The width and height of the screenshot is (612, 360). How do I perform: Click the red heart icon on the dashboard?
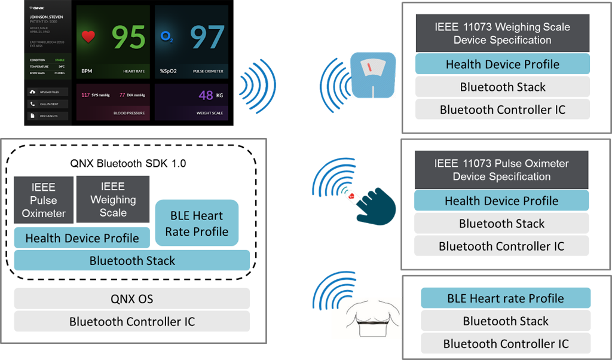[88, 37]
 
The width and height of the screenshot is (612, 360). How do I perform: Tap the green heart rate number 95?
[128, 37]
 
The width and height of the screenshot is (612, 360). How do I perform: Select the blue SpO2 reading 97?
[207, 37]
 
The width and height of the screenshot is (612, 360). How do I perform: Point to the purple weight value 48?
[206, 95]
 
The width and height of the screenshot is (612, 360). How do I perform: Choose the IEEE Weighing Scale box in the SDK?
[113, 200]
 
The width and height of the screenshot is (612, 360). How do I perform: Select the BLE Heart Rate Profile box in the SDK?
[197, 223]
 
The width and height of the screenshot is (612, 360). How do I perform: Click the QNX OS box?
[132, 299]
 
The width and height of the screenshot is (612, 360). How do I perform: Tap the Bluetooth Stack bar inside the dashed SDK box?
[132, 261]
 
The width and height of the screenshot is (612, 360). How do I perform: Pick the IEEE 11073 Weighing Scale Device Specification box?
[503, 33]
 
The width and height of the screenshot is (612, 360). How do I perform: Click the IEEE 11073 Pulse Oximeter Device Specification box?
[501, 170]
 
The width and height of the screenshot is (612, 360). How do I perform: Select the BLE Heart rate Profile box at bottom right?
[506, 298]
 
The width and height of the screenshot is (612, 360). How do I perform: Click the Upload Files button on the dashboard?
[48, 92]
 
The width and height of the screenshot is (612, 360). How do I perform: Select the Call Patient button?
[48, 104]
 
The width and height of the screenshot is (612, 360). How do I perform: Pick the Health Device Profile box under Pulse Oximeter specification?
[501, 201]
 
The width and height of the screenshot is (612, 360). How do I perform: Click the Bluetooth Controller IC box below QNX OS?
[132, 322]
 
